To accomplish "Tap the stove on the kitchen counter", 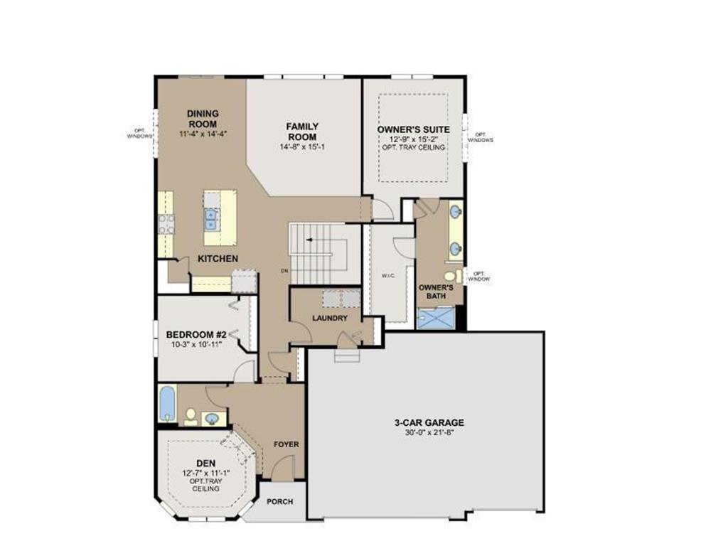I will (x=166, y=224).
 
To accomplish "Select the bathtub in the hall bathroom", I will (x=167, y=404).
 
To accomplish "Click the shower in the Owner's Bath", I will (x=436, y=318).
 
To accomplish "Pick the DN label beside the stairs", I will (x=283, y=271).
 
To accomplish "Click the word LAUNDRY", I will (x=330, y=318).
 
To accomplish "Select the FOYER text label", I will (x=287, y=444).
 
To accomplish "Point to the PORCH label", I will (x=280, y=501).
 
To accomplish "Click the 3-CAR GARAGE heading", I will (x=429, y=422).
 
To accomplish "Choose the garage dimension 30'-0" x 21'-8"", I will (x=429, y=432).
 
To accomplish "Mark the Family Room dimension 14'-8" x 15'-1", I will (x=302, y=146).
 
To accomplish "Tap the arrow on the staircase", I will (x=309, y=240).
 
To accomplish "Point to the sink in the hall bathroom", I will (x=211, y=418).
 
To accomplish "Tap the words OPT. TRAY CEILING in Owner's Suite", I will (x=413, y=147).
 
